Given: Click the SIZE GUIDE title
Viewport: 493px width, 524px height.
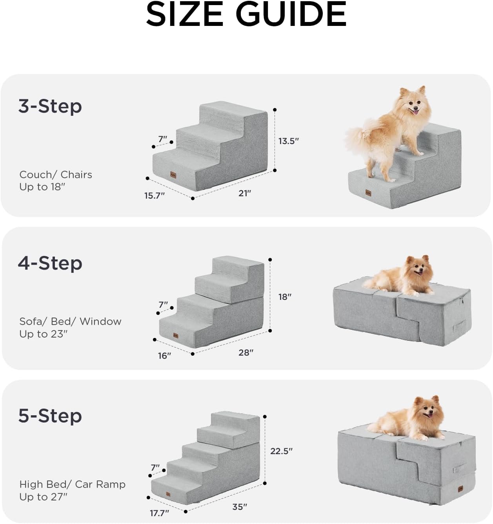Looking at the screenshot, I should (246, 14).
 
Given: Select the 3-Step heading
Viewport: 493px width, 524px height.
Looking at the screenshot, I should (50, 106).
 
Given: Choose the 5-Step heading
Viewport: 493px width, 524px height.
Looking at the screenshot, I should (50, 416).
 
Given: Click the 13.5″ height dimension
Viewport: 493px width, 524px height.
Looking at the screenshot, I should (289, 141).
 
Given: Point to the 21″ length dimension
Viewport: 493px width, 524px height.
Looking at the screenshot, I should (244, 193).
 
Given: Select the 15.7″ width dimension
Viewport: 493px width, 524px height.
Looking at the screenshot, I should (155, 195).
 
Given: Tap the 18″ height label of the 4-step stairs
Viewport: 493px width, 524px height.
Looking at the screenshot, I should (285, 297).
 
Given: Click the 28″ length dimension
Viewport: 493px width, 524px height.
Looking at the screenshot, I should (246, 352).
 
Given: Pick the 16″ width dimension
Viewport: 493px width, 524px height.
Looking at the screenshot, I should (164, 356).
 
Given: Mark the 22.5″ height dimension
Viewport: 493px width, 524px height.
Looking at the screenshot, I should (281, 451).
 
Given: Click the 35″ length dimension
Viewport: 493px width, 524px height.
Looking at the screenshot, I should (240, 507).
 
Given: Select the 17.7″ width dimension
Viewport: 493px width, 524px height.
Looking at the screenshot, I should (159, 513).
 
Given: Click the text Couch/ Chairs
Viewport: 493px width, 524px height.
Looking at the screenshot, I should (56, 174).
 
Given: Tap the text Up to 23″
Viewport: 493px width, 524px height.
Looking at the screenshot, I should (44, 334).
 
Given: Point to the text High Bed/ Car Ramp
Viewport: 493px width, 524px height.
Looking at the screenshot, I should (72, 484).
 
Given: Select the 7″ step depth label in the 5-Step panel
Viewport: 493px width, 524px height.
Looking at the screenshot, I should (155, 467).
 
